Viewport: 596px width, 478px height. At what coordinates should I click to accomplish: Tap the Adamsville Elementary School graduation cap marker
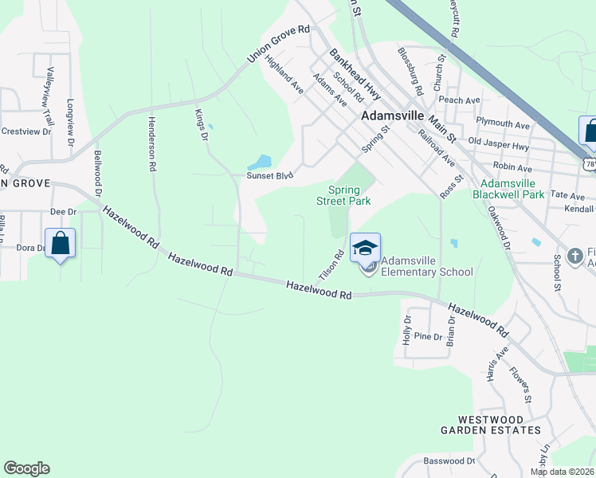pos(365,249)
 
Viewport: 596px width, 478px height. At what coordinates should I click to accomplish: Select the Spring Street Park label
pos(349,196)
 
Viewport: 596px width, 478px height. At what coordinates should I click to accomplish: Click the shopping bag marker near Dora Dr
pos(61,244)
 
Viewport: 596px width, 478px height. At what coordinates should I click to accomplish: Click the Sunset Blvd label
pos(270,175)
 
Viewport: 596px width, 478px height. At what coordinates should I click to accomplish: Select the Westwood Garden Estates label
pos(491,425)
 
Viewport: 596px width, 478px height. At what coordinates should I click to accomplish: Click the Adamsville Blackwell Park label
pos(508,189)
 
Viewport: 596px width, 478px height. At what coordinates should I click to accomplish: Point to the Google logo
pos(26,468)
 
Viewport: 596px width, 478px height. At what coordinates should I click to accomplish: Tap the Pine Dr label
pos(428,336)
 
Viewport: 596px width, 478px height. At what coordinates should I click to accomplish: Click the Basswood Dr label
pos(449,461)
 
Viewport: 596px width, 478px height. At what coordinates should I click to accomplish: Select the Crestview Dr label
pos(25,131)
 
